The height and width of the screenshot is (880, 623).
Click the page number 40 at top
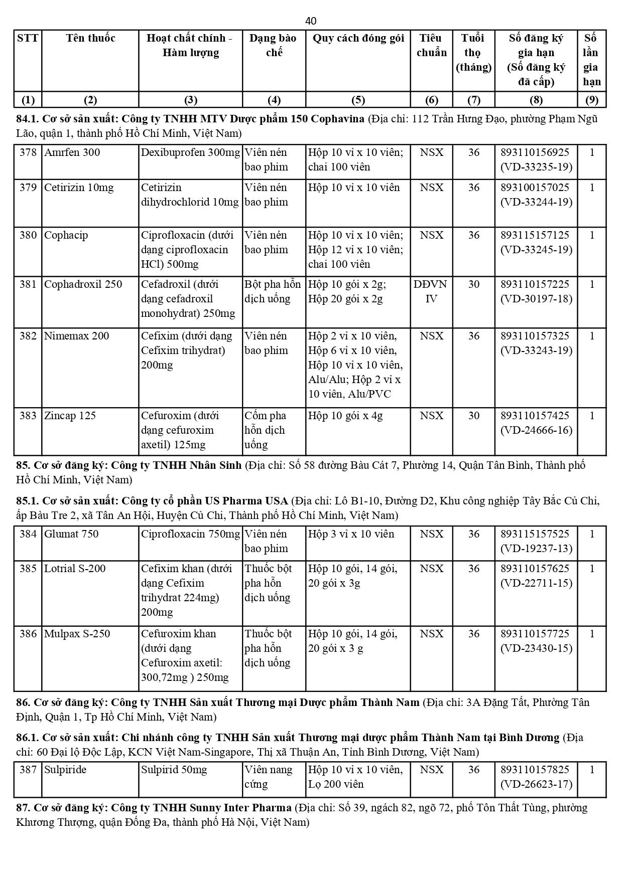311,21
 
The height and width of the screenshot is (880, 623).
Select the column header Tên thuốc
90,38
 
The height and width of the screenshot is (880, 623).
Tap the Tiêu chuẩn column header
431,45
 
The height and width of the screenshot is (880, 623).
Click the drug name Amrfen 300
72,152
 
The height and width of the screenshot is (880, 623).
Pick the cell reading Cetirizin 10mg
79,188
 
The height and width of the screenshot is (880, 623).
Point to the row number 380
28,235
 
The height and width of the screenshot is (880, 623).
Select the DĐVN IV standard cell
431,291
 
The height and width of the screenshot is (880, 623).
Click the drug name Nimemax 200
76,336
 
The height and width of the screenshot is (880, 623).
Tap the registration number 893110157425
535,416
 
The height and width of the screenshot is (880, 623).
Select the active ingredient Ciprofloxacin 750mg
190,534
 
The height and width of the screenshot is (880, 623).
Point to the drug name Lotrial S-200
75,569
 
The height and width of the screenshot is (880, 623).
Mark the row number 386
28,634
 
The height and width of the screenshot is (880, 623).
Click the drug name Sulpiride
65,770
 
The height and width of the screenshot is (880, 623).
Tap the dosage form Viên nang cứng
268,777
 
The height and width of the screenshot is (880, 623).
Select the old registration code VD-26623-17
536,784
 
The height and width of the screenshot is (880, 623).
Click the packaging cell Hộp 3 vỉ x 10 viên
351,534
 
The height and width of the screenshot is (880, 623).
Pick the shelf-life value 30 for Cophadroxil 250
473,284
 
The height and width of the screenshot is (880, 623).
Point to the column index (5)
357,100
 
